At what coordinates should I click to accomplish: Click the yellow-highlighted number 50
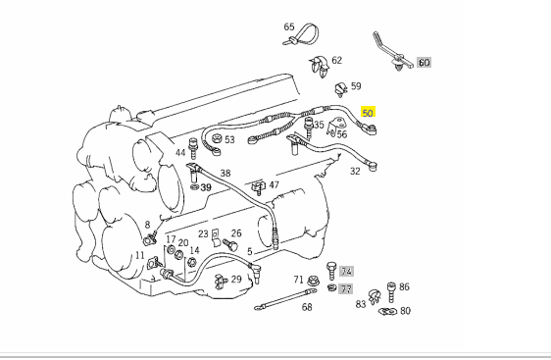(x=368, y=113)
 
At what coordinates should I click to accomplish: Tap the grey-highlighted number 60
(x=424, y=63)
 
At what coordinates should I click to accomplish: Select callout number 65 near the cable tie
(x=289, y=27)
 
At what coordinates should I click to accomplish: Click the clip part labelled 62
(x=320, y=66)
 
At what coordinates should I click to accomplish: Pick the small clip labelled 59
(x=340, y=89)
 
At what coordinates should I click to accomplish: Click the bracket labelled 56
(x=334, y=127)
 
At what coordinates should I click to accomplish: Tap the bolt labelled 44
(x=193, y=149)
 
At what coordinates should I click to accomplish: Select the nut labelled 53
(x=217, y=139)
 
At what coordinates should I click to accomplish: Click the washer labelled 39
(x=194, y=187)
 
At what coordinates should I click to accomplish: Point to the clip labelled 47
(x=259, y=186)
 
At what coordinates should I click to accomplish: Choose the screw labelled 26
(x=230, y=244)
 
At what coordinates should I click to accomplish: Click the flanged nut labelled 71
(x=313, y=281)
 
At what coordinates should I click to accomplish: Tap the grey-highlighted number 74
(x=346, y=272)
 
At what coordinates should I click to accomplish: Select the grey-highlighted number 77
(x=346, y=289)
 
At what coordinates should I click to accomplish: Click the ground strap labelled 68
(x=285, y=299)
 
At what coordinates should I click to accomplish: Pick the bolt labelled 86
(x=391, y=291)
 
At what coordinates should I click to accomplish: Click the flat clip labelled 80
(x=388, y=311)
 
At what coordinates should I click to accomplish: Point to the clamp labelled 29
(x=221, y=282)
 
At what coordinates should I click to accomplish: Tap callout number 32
(x=355, y=172)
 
